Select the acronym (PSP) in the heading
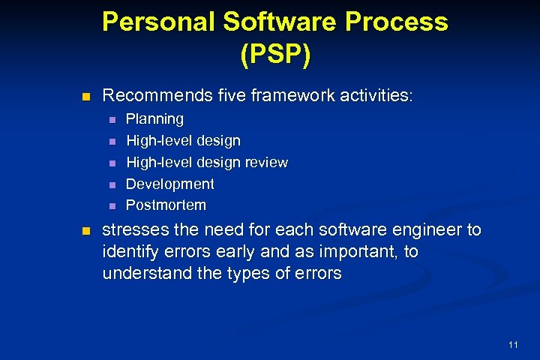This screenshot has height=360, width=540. [274, 55]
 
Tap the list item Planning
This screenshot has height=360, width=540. [154, 119]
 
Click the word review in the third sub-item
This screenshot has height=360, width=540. [266, 162]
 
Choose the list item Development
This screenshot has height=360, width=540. [169, 184]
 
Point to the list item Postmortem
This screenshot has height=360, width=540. [166, 205]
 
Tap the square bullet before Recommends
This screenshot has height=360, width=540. [85, 97]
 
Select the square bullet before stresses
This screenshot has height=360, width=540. [85, 230]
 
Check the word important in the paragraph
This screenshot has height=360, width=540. [354, 252]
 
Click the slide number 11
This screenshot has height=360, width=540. [513, 344]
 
